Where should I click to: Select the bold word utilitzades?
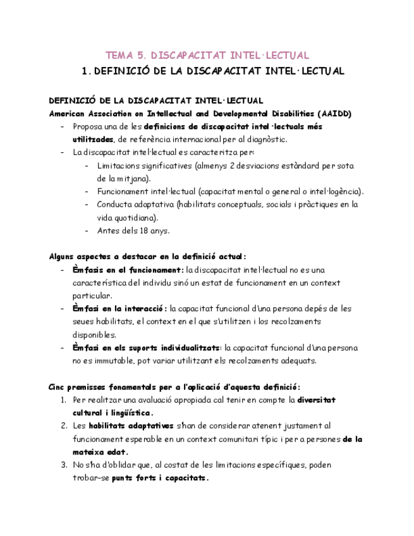tap(93, 140)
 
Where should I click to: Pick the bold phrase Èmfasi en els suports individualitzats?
tap(147, 348)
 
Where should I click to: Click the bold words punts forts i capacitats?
tap(160, 478)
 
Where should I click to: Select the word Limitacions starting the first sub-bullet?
tap(121, 166)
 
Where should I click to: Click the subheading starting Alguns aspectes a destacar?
tap(147, 257)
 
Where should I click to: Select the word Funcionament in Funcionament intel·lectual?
tap(123, 192)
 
